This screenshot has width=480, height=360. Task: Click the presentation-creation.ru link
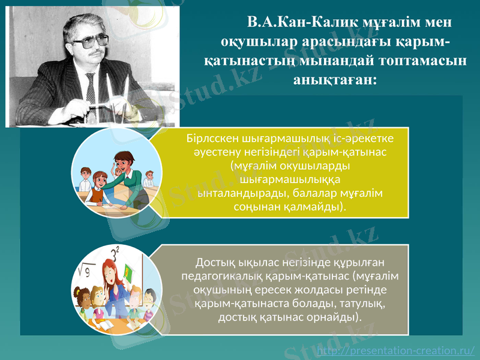395,350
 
